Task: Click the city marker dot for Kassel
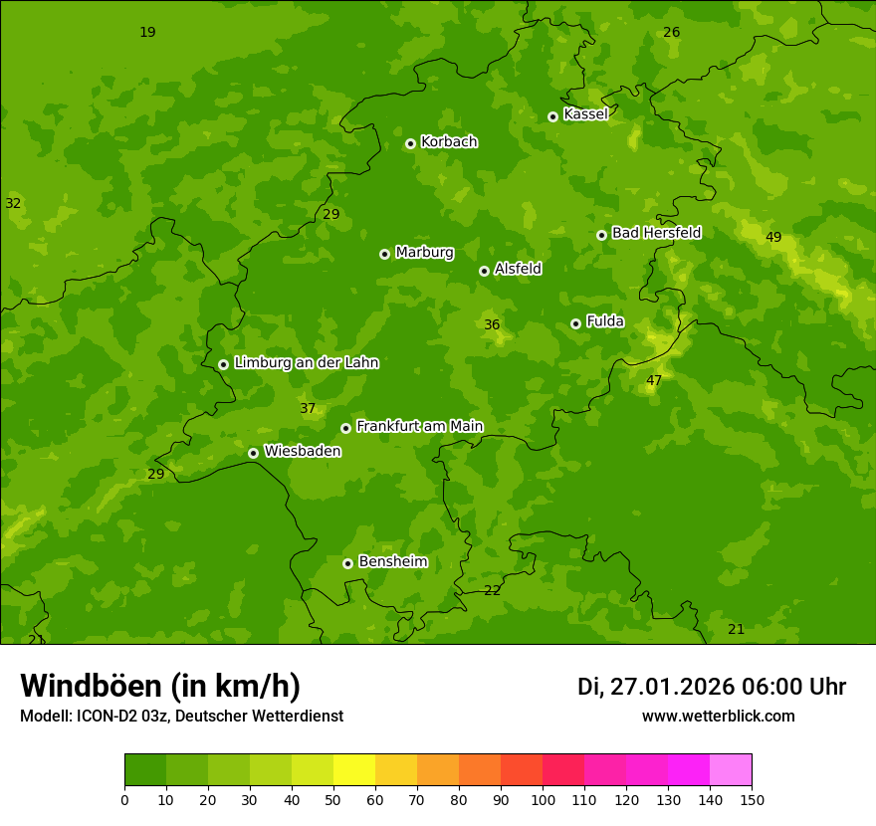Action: point(552,116)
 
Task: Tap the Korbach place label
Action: point(449,142)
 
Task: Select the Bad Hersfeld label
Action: point(656,233)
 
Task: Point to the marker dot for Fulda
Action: point(575,323)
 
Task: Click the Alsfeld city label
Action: point(518,269)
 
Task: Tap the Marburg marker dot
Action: point(384,254)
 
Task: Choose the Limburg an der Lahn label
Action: point(306,363)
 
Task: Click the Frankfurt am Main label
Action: point(419,427)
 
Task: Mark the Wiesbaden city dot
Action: point(253,453)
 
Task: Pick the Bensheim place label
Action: point(392,562)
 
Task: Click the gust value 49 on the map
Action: point(773,237)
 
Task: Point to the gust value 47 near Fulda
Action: point(654,380)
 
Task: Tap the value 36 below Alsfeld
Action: point(492,324)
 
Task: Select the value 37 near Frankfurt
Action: point(308,408)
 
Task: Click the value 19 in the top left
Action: point(147,32)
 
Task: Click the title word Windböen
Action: point(91,687)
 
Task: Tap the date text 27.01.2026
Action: point(672,687)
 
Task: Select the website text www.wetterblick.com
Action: point(719,717)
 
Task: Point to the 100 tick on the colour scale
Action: point(543,799)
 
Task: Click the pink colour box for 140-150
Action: point(731,770)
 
